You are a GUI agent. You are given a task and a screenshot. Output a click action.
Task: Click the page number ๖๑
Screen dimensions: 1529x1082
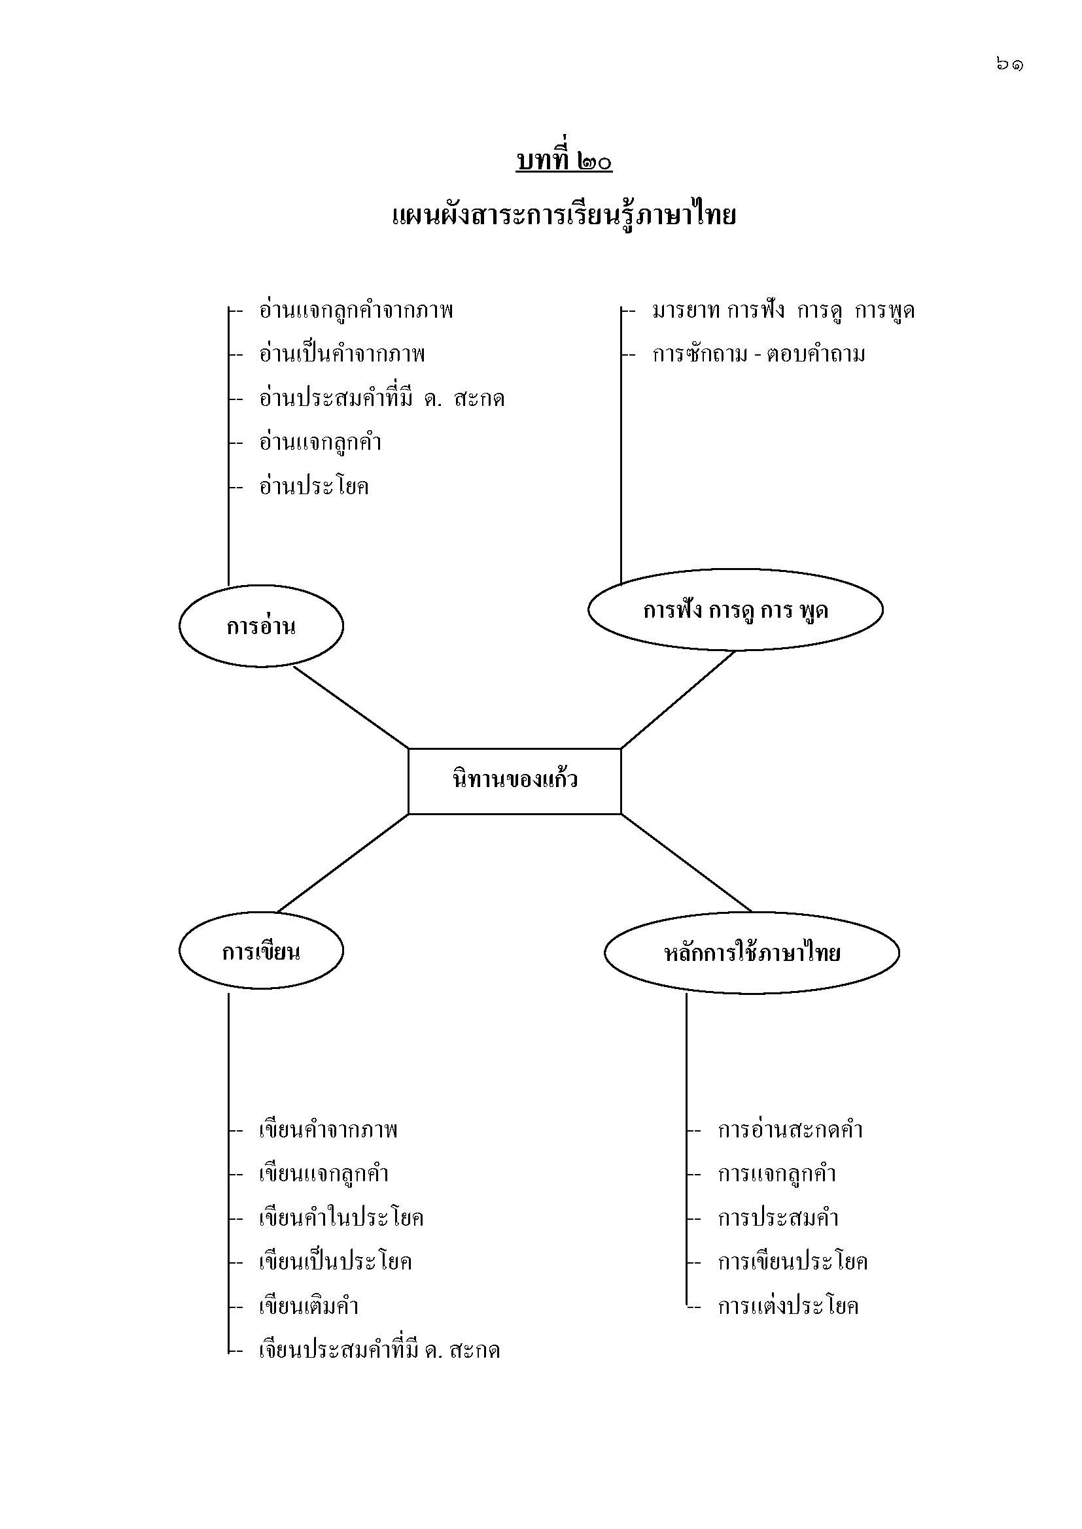click(1009, 65)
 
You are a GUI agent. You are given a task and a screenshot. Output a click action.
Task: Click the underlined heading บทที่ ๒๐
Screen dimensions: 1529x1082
click(564, 162)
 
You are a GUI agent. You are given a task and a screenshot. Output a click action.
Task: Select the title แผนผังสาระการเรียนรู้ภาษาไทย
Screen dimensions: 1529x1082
click(564, 216)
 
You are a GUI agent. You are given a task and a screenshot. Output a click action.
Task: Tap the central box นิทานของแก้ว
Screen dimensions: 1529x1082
click(514, 781)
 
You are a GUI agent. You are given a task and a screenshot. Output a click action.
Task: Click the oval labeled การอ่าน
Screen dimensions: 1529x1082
click(260, 626)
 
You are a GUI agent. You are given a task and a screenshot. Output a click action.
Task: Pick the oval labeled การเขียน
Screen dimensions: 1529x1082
click(260, 952)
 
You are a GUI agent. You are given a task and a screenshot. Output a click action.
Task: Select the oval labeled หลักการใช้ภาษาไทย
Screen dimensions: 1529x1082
click(752, 952)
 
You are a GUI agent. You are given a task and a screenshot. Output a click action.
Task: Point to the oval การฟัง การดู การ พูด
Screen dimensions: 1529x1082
click(735, 609)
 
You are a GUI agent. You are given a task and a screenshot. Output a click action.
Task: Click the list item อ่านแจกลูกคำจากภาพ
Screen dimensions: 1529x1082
click(356, 311)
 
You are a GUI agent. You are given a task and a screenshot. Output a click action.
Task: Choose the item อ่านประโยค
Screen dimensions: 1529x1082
click(314, 486)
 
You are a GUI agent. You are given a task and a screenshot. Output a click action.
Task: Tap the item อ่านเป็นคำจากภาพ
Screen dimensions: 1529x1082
click(341, 354)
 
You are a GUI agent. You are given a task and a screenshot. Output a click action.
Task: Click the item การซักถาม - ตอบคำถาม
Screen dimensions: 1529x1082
click(759, 354)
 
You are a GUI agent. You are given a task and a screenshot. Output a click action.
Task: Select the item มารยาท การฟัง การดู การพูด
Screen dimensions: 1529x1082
click(784, 311)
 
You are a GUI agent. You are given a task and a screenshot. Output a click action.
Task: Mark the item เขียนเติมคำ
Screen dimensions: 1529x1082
click(309, 1305)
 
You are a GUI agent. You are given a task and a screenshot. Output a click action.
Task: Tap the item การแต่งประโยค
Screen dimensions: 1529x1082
click(788, 1305)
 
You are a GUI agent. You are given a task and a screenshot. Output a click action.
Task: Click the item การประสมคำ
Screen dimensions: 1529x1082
click(778, 1217)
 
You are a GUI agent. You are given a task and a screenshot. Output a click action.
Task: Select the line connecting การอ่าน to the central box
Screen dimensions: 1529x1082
click(351, 707)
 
